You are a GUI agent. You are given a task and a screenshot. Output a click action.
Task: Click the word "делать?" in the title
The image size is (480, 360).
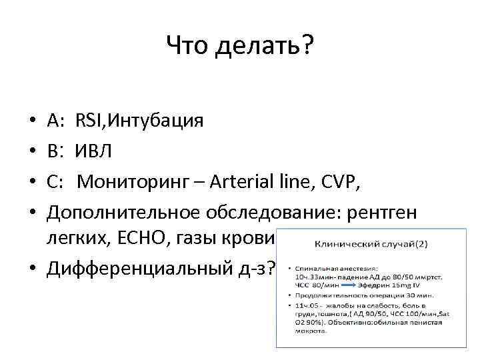click(266, 46)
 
